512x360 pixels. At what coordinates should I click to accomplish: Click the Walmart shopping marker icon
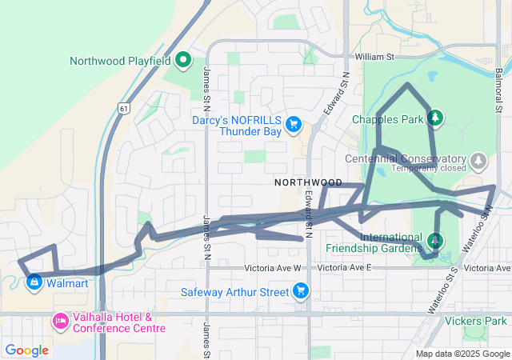[x=34, y=282]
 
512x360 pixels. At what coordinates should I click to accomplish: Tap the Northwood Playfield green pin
[x=183, y=59]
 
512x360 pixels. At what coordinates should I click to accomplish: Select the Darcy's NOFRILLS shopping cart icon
[x=294, y=123]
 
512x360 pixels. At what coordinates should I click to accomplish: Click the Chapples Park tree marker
[x=435, y=118]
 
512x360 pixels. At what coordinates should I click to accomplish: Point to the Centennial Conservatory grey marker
[x=478, y=161]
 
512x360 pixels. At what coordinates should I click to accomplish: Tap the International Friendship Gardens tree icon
[x=434, y=240]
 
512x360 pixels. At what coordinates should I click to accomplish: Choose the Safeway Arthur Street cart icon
[x=301, y=290]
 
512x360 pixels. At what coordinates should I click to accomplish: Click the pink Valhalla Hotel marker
[x=60, y=322]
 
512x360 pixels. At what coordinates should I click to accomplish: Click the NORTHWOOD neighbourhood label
[x=308, y=182]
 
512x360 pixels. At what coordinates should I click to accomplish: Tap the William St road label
[x=375, y=57]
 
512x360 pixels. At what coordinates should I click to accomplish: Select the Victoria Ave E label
[x=346, y=268]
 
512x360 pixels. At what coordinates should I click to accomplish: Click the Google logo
[x=26, y=350]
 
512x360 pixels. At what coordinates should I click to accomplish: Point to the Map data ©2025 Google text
[x=462, y=354]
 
